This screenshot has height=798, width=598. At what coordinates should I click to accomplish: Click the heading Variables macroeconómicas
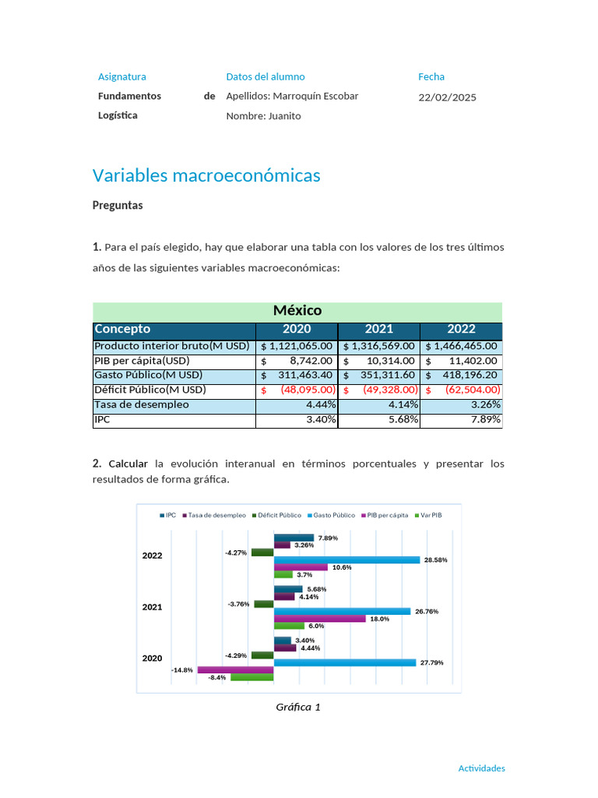tap(206, 175)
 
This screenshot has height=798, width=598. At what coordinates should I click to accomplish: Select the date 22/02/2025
tap(447, 97)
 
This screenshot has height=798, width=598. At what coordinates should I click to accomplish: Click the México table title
tap(297, 310)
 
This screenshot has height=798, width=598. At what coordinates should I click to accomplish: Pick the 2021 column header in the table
tap(379, 329)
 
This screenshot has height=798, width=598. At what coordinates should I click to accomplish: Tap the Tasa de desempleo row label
tap(141, 405)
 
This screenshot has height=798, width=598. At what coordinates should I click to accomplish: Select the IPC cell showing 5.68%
tap(403, 420)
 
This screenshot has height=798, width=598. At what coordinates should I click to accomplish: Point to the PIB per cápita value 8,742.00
tap(311, 362)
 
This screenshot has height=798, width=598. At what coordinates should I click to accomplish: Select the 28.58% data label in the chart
tap(435, 560)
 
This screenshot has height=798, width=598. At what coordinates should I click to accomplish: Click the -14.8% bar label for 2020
tap(182, 669)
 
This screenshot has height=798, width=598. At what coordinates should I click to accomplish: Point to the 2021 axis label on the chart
tap(152, 606)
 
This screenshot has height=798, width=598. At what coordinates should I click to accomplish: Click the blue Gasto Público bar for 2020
tap(344, 662)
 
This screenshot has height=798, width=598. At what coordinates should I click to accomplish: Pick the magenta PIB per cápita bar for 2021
tap(319, 619)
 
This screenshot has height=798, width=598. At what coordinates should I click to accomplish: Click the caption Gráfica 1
tap(297, 707)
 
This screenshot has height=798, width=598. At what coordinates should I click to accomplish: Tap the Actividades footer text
tap(481, 768)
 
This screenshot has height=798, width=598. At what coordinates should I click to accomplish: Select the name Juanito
tap(284, 116)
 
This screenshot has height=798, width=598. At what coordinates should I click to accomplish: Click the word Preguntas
tap(118, 206)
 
